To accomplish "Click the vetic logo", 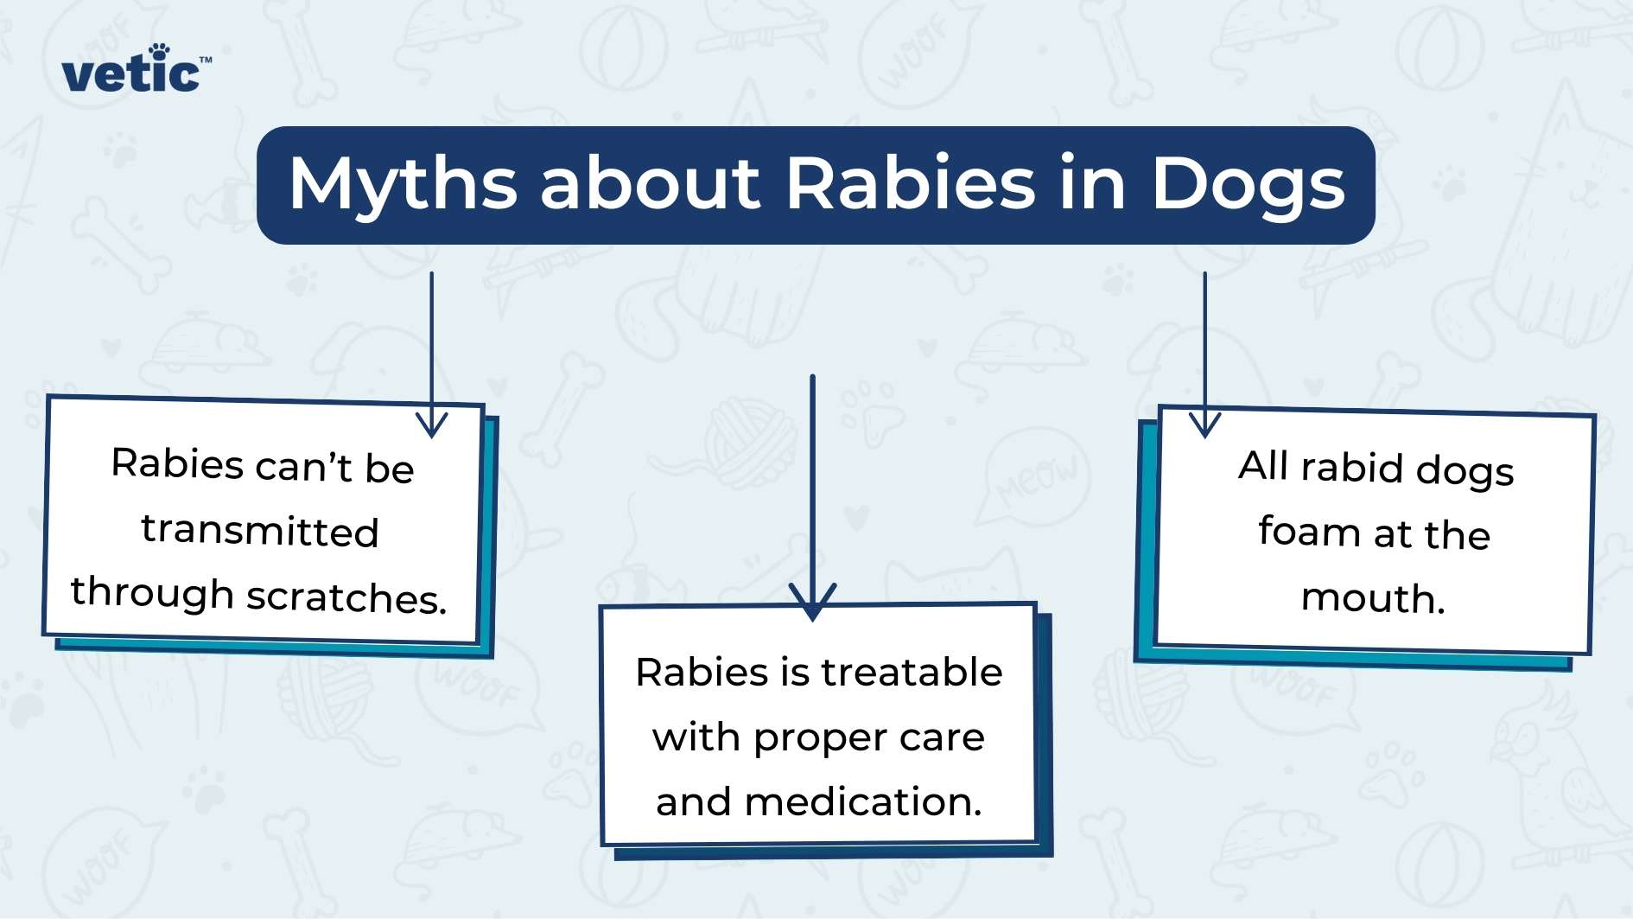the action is click(x=136, y=68).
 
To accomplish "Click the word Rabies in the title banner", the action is click(x=911, y=182).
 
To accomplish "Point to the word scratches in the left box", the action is click(x=346, y=597).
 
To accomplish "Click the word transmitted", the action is click(x=260, y=530).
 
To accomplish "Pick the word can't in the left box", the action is click(x=304, y=467).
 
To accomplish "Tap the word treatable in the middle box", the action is click(x=912, y=672).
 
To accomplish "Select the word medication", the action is click(x=863, y=801).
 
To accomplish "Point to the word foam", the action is click(x=1308, y=531).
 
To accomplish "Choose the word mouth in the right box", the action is click(x=1373, y=598).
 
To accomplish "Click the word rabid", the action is click(x=1352, y=467).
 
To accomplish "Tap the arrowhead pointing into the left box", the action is click(x=431, y=423).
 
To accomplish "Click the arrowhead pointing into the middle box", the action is click(x=812, y=601).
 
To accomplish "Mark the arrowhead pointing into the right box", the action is click(x=1204, y=424).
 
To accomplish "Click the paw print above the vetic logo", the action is click(x=159, y=51).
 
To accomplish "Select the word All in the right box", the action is click(x=1263, y=466).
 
